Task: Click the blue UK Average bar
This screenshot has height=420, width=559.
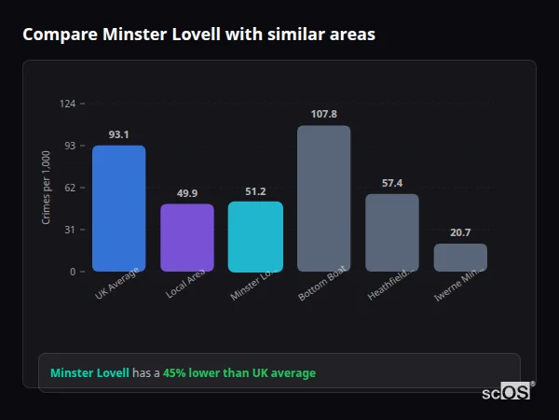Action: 118,208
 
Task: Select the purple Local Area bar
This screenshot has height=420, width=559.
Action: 187,238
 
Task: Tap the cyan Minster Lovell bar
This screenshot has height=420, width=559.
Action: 255,237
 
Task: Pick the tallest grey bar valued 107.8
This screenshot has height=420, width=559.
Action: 323,199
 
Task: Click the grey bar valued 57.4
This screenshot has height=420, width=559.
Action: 392,233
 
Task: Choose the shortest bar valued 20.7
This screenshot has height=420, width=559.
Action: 460,258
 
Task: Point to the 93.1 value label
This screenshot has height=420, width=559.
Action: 118,134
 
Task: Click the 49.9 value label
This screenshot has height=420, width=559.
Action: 187,193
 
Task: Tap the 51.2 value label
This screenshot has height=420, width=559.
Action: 255,191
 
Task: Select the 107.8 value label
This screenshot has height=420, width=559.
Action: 323,114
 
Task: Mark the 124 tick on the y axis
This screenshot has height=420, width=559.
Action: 67,104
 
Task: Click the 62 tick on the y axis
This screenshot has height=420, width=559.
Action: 70,188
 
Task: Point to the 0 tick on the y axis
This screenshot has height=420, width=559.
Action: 73,272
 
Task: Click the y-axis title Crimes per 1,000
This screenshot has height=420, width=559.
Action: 47,188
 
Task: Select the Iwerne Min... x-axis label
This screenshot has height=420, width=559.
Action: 459,286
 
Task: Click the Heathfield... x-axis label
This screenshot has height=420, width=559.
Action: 391,286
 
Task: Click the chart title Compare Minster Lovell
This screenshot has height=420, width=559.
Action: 198,35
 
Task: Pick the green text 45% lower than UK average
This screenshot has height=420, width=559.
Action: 239,373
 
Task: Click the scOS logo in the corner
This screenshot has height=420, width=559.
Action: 507,392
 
